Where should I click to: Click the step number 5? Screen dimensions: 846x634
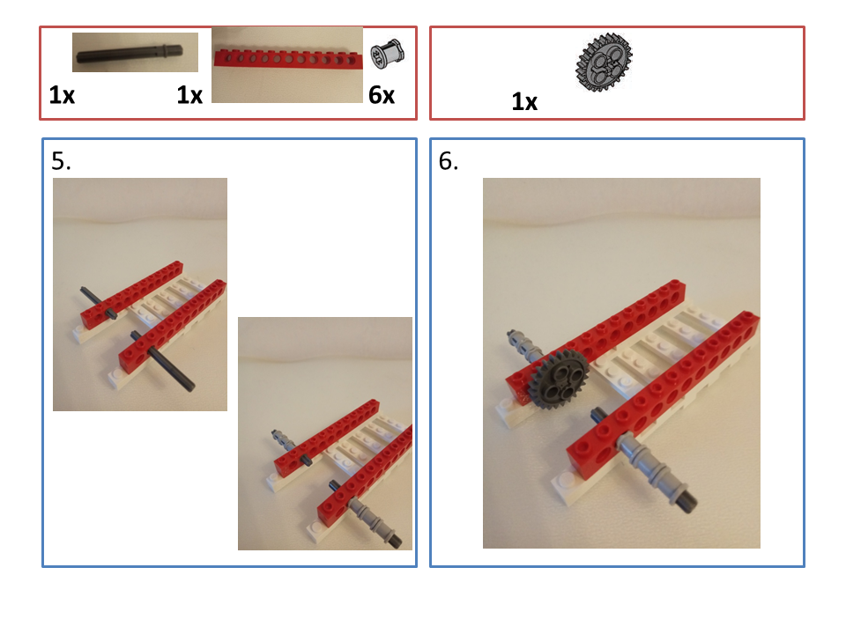click(61, 161)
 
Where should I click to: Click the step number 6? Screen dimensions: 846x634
click(448, 161)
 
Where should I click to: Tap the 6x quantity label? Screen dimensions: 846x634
click(382, 95)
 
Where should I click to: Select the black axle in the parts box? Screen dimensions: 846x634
click(130, 52)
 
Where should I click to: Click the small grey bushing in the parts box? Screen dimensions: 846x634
click(387, 54)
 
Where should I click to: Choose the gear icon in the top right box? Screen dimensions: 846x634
click(604, 61)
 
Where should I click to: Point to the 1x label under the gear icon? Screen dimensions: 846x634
click(523, 102)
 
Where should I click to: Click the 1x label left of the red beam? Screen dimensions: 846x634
click(189, 95)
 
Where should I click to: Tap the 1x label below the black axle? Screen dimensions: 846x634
click(62, 95)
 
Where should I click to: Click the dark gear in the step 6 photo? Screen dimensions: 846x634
click(557, 378)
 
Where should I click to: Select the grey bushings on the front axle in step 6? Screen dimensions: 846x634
click(648, 467)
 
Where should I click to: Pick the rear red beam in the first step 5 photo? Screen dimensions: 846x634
click(131, 294)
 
